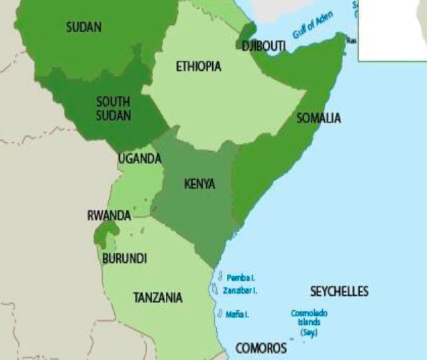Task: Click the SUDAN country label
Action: coord(84,27)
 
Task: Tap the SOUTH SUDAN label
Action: coord(113,109)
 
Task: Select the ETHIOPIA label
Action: coord(199,66)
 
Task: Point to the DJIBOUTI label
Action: coord(264,46)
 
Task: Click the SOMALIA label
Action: coord(318,118)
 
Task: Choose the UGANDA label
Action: coord(140,159)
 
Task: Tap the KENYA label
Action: coord(199,184)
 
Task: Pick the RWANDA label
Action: coord(109,216)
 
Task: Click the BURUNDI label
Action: coord(124,259)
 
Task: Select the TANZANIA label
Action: coord(158,297)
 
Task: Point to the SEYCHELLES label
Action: coord(339,291)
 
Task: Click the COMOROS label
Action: coord(261,348)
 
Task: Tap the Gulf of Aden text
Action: coord(313,25)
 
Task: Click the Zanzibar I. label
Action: coord(240,291)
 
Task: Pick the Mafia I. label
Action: coord(237,315)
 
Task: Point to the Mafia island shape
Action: coord(220,313)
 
